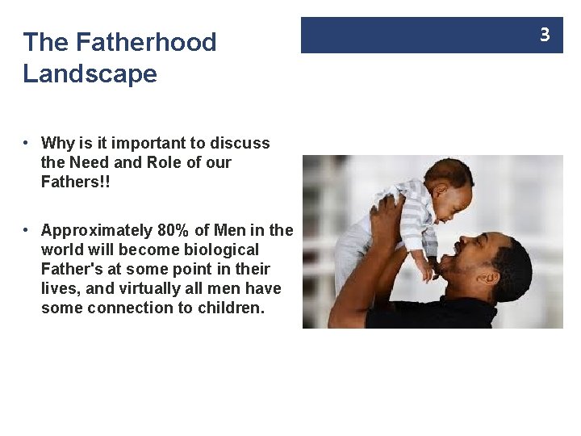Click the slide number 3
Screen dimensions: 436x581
[545, 35]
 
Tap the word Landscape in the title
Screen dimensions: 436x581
[90, 74]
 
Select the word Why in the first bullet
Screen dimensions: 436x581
[57, 143]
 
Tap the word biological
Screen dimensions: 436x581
[219, 249]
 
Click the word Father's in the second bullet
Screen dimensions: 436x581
[74, 269]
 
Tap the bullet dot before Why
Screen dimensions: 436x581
[27, 143]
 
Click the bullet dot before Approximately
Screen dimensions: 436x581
[27, 230]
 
